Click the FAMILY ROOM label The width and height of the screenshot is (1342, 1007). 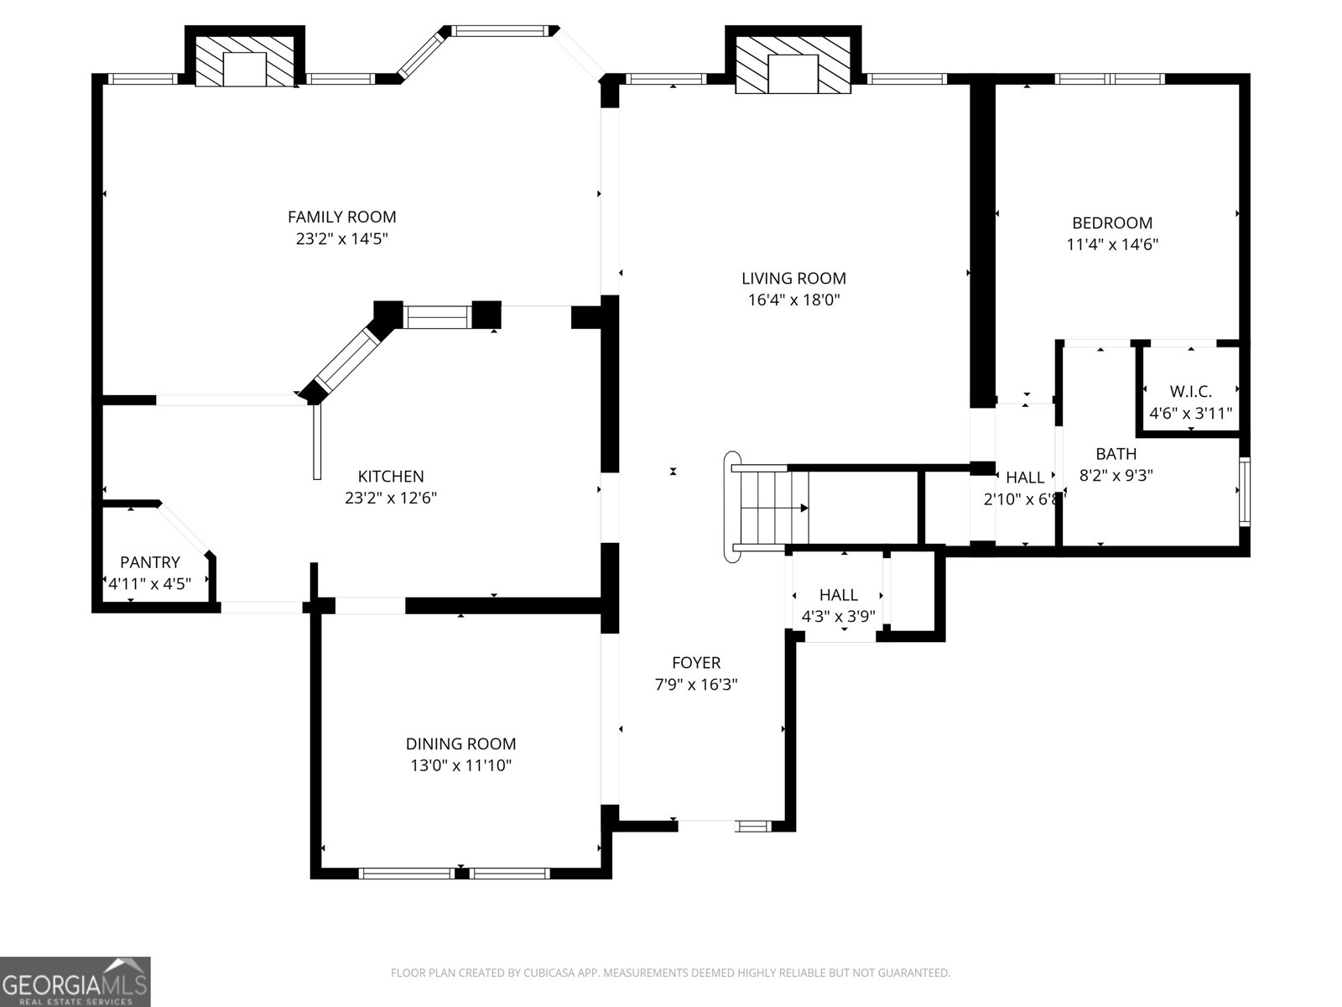(341, 217)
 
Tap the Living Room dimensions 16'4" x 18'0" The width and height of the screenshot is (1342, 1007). (793, 300)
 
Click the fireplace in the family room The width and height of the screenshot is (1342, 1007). (244, 58)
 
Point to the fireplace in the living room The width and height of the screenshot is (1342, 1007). (793, 62)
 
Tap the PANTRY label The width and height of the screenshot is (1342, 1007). (150, 562)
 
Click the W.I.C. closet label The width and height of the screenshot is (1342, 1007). (1190, 391)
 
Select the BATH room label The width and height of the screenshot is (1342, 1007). (1116, 454)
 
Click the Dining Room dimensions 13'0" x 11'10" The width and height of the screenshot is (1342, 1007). (460, 765)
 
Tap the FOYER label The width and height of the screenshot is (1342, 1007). (696, 663)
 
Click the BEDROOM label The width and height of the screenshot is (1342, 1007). (1112, 223)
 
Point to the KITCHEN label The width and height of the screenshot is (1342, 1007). (391, 476)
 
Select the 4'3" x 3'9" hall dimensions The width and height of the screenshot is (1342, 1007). (838, 615)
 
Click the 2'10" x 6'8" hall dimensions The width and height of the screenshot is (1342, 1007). (1024, 498)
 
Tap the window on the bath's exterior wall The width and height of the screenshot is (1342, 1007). (1244, 491)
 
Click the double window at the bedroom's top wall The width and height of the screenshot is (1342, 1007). (1110, 79)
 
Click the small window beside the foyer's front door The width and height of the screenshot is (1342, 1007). (753, 826)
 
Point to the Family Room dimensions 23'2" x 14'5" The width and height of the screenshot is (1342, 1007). (341, 238)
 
